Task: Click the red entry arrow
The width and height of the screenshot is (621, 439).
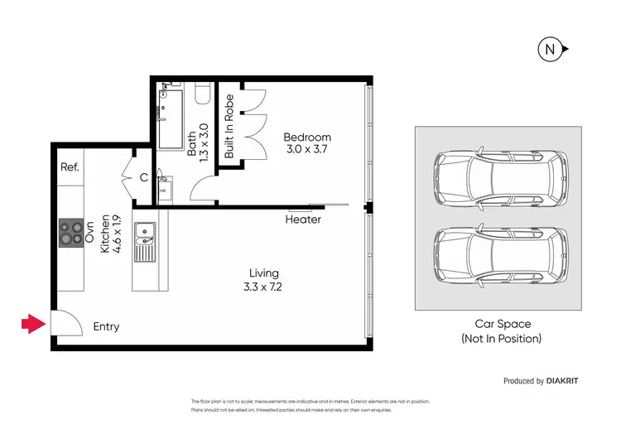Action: (32, 324)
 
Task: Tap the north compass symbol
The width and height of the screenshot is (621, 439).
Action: (550, 50)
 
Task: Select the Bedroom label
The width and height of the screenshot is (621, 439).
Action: (307, 137)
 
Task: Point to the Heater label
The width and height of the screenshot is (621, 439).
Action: (303, 219)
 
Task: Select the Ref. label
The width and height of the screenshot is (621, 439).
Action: (70, 166)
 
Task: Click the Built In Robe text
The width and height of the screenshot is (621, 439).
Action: (229, 126)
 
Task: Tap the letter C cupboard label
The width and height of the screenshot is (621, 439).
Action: (143, 176)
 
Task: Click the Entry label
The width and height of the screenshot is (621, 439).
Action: (106, 326)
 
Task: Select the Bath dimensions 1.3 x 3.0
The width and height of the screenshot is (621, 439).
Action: (205, 142)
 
